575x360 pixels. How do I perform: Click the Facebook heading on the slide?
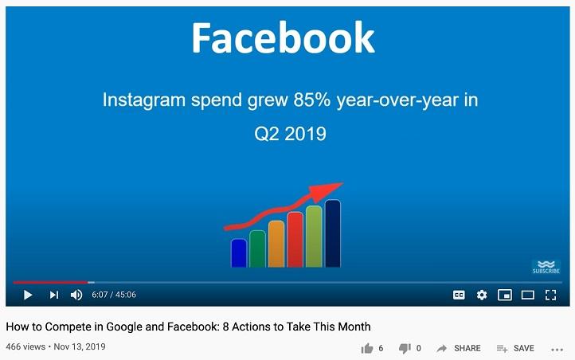[283, 37]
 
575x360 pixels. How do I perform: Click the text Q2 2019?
[290, 134]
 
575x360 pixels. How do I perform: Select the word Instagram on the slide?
[143, 100]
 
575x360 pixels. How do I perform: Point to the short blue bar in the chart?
[239, 252]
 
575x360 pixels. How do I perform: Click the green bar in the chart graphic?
[257, 248]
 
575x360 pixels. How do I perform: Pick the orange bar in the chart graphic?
[276, 244]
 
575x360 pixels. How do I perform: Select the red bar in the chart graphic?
[295, 240]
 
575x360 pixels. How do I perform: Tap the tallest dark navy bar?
[333, 233]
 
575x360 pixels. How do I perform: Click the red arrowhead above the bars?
[326, 191]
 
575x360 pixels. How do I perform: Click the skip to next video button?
[54, 295]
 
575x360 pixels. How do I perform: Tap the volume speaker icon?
[76, 295]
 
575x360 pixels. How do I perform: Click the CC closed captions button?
[459, 295]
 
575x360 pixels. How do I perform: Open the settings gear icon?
[482, 295]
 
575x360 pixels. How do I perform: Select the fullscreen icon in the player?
[550, 295]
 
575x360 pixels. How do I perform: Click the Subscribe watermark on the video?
[546, 268]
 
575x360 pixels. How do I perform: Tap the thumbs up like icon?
[366, 348]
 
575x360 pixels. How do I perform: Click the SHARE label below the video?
[467, 348]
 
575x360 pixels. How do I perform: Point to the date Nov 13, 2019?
[80, 346]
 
